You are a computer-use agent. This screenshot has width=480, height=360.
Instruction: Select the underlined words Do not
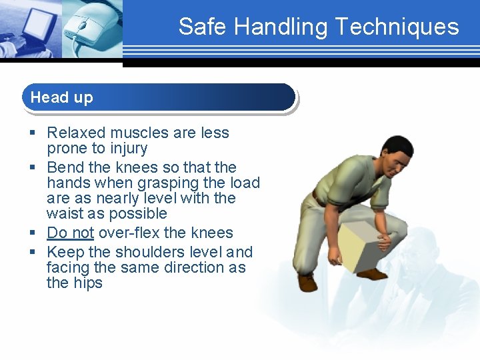pos(70,233)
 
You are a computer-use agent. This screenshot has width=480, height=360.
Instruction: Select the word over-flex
pos(129,233)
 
